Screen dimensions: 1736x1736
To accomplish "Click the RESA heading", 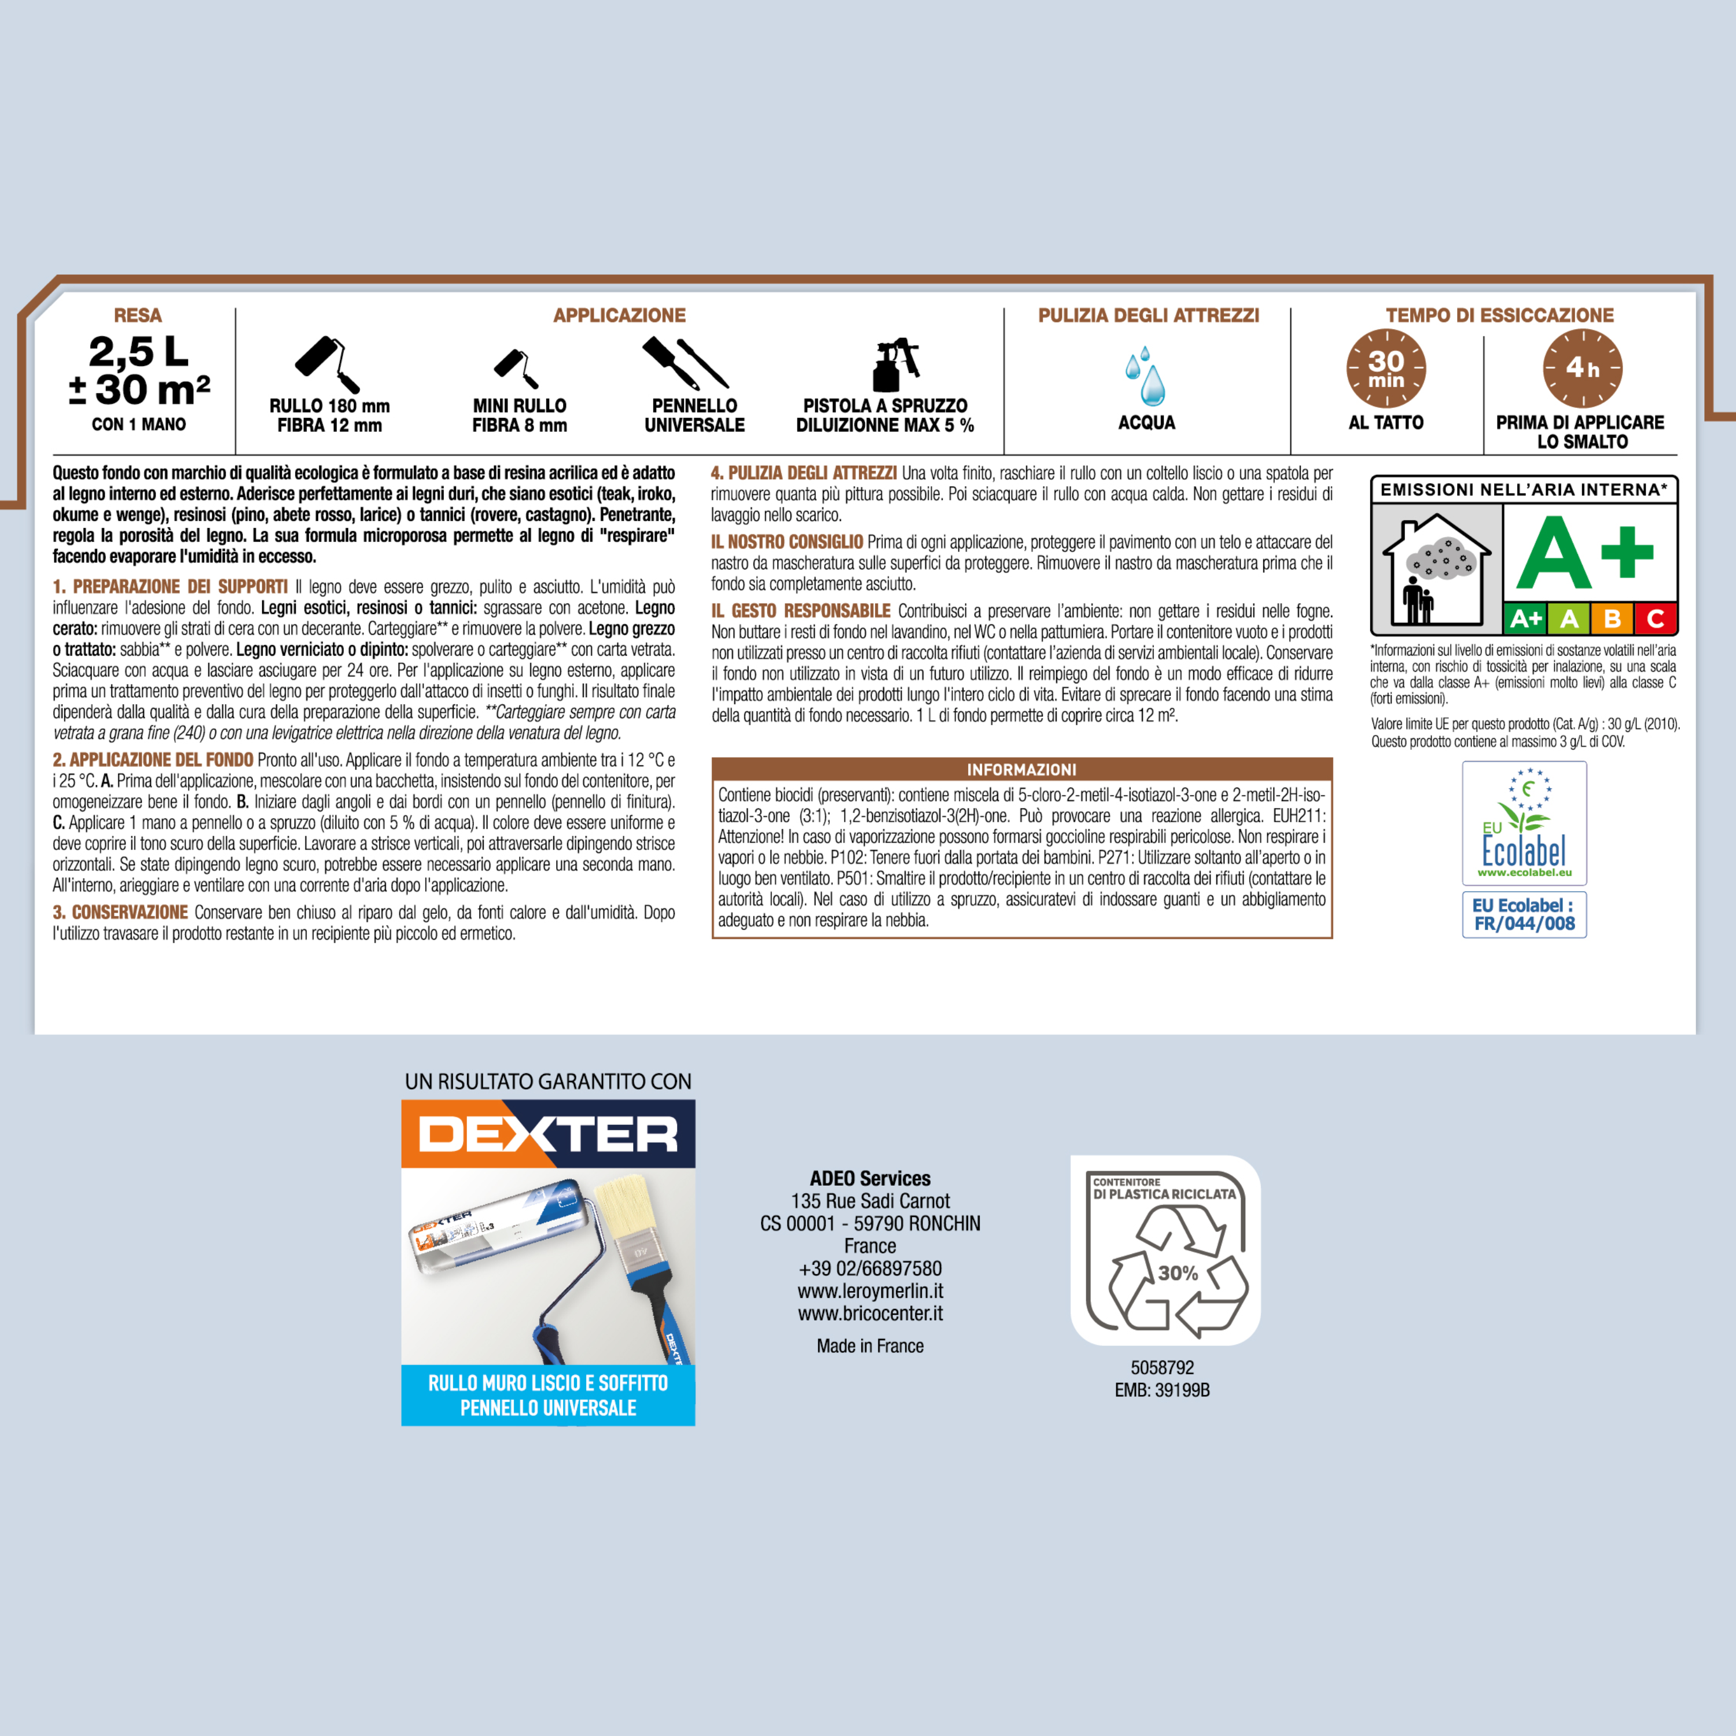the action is (138, 315).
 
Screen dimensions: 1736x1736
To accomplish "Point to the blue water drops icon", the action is (1146, 377).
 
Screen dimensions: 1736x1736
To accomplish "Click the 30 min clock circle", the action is (1385, 369).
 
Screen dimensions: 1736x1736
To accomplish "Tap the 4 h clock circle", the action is (1582, 369).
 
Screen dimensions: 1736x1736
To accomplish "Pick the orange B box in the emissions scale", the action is (1613, 618).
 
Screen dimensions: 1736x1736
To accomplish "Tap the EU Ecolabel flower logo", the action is (1524, 823).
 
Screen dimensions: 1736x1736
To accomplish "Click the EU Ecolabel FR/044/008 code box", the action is (1524, 915).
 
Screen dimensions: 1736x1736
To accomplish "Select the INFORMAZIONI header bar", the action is (1022, 769).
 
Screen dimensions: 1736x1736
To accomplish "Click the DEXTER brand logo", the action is (548, 1134).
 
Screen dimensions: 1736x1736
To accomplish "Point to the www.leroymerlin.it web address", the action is (870, 1291).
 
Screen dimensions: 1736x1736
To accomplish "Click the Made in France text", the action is (870, 1346).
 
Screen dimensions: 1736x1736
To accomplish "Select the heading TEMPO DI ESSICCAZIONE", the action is (1500, 315).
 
